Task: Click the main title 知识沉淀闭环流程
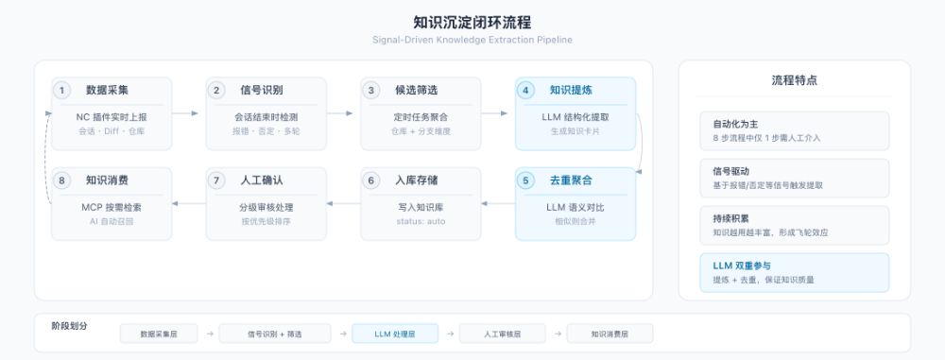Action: (x=472, y=20)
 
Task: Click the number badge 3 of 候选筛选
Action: (x=372, y=91)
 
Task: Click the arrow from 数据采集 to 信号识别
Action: (x=189, y=113)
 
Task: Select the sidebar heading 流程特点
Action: (x=794, y=80)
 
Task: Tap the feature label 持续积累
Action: (x=732, y=217)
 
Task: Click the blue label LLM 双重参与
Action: (x=742, y=265)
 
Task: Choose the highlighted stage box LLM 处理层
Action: (x=394, y=334)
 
